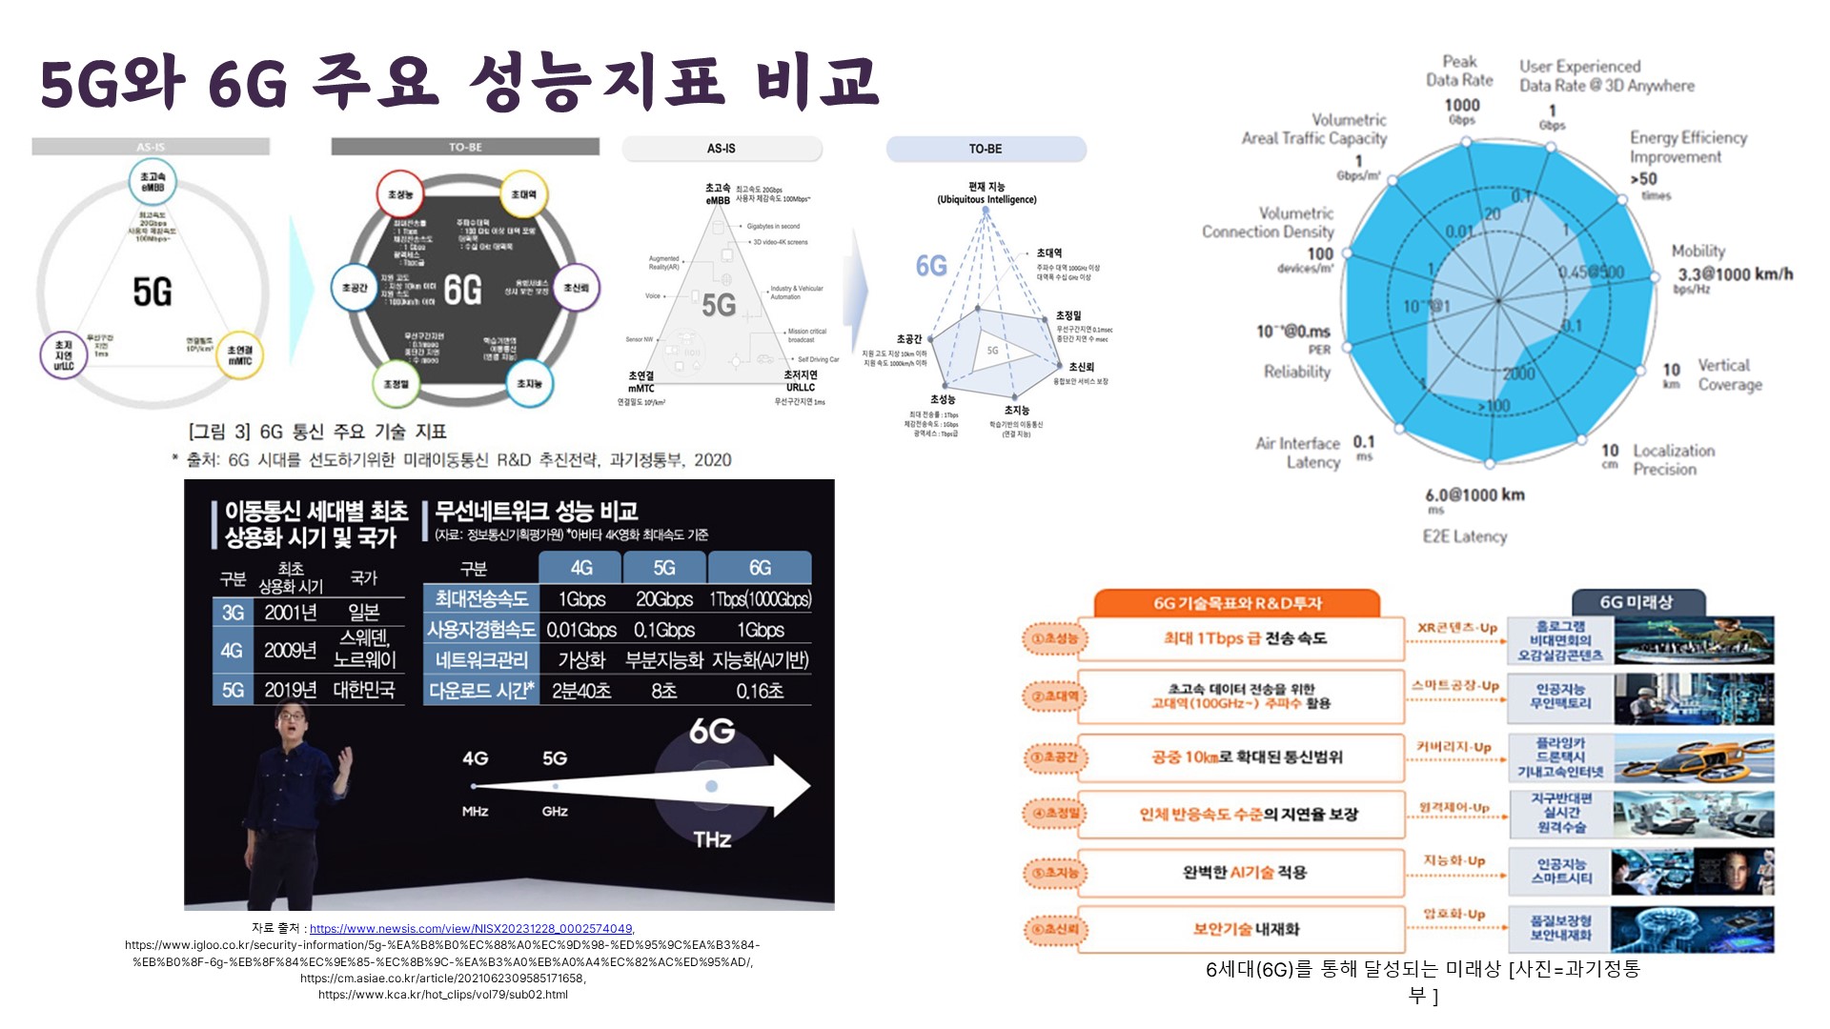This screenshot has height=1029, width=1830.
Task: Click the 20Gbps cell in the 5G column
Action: click(664, 599)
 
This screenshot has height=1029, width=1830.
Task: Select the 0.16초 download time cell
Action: click(760, 691)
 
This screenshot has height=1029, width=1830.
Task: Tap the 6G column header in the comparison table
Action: click(760, 568)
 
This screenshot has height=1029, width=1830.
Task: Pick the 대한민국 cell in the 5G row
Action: click(364, 690)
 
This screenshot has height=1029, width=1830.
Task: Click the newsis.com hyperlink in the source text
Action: click(471, 929)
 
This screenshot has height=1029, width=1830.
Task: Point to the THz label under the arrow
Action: click(712, 839)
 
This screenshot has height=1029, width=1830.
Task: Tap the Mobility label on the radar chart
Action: click(1698, 251)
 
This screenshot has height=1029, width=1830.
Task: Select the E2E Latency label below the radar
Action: click(1465, 536)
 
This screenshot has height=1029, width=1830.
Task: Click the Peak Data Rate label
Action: click(1459, 71)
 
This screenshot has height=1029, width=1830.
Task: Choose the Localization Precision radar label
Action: click(1674, 459)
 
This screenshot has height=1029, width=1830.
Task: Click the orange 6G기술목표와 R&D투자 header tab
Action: click(1237, 603)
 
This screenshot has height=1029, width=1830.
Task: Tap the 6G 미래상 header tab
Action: click(1636, 602)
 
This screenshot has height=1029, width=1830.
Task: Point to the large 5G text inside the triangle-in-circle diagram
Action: click(152, 292)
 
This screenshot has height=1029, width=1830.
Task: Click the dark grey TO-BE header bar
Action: click(465, 147)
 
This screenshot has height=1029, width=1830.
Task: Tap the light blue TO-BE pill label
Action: click(986, 149)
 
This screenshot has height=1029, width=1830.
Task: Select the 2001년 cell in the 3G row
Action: click(290, 613)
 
